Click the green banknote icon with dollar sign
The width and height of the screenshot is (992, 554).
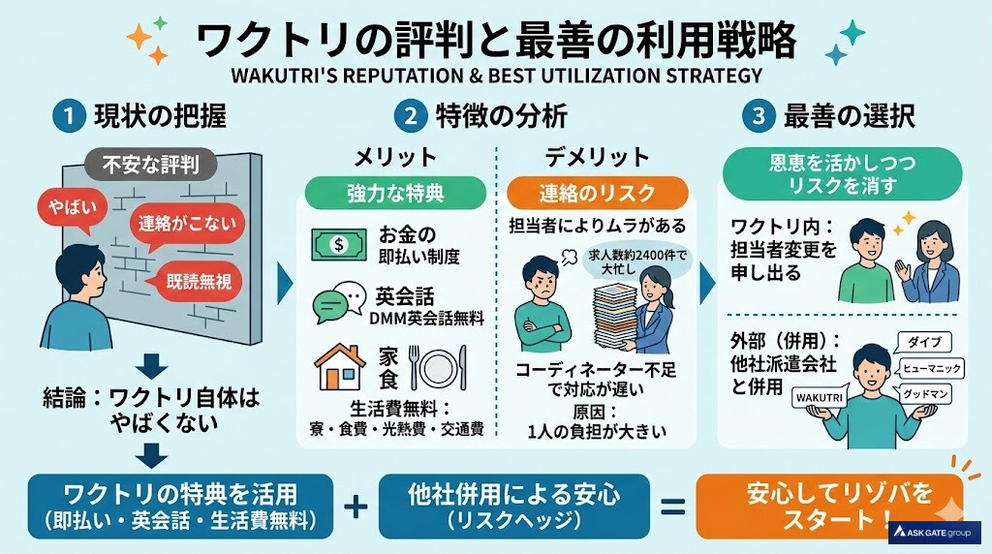[x=338, y=244]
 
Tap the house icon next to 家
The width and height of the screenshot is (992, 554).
[x=340, y=367]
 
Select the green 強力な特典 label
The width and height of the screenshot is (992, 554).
[x=395, y=192]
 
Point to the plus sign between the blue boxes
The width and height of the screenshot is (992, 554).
[x=356, y=505]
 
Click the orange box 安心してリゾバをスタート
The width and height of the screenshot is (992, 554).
[x=828, y=505]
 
